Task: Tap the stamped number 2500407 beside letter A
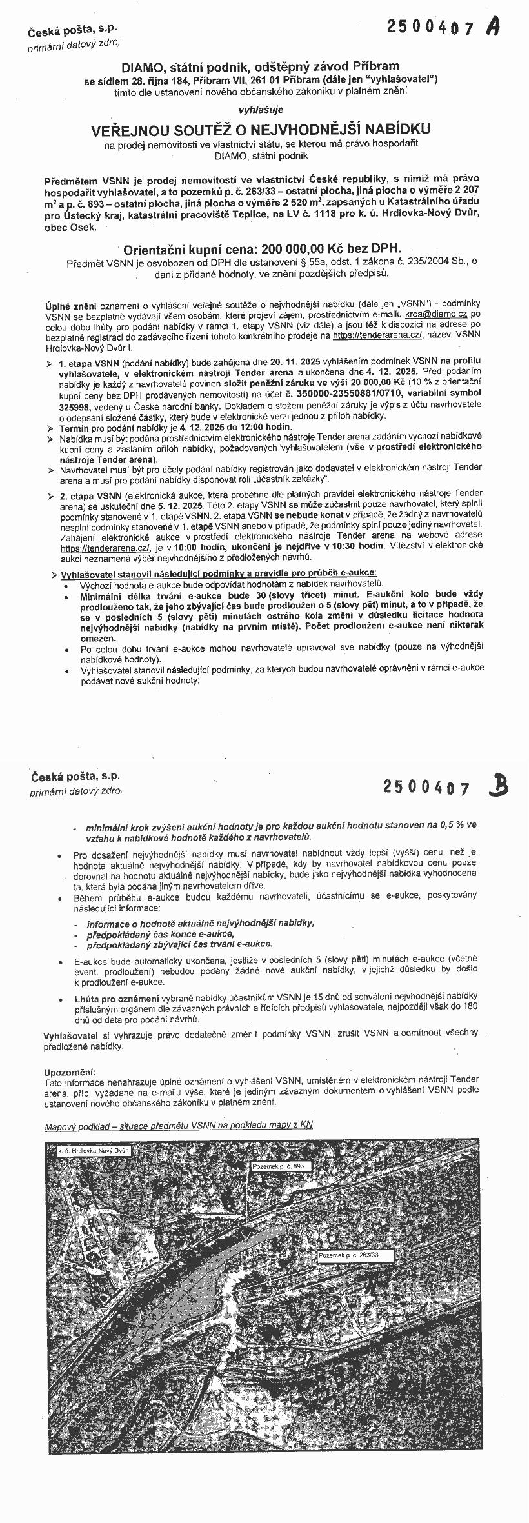(x=431, y=27)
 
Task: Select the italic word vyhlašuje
(x=261, y=110)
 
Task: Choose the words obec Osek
(x=70, y=226)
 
